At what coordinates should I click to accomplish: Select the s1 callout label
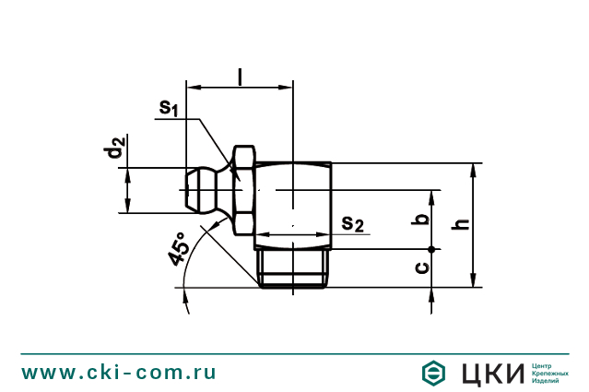point(168,109)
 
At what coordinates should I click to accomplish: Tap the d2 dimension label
point(114,148)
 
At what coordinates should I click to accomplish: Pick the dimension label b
point(421,220)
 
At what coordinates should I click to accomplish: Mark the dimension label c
point(421,267)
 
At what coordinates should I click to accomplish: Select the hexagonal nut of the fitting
point(243,190)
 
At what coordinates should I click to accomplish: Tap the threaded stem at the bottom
point(293,268)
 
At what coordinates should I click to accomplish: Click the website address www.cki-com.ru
point(119,373)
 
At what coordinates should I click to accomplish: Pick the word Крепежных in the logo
point(550,373)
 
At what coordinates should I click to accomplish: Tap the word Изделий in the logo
point(547,381)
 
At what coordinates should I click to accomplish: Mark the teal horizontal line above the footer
point(294,353)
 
